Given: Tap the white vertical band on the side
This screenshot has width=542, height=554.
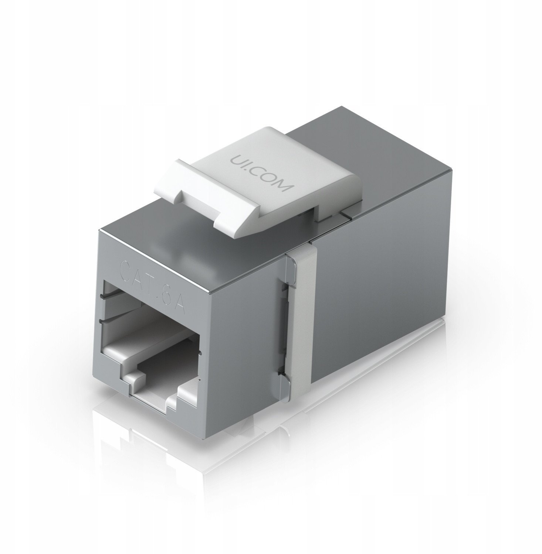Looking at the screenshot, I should coord(302,332).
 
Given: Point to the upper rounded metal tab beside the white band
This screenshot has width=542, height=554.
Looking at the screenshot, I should coord(290,268).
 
